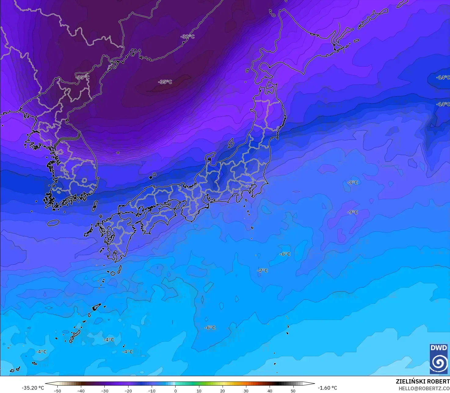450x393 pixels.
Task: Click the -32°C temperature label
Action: pyautogui.click(x=187, y=37)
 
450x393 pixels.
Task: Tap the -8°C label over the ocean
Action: pyautogui.click(x=353, y=183)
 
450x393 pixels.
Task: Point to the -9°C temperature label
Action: pyautogui.click(x=353, y=212)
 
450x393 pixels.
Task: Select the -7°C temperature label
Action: pyautogui.click(x=263, y=271)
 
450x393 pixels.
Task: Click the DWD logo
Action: pyautogui.click(x=438, y=359)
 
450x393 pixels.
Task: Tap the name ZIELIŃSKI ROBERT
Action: pyautogui.click(x=423, y=381)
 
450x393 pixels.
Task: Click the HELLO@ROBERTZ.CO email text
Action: pyautogui.click(x=424, y=388)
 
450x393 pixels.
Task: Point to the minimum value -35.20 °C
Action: pyautogui.click(x=33, y=388)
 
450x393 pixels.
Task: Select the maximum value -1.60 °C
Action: pyautogui.click(x=327, y=388)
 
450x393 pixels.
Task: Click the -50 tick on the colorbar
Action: pyautogui.click(x=57, y=391)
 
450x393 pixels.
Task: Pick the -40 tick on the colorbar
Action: pyautogui.click(x=81, y=391)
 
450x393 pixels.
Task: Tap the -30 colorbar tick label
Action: pyautogui.click(x=104, y=391)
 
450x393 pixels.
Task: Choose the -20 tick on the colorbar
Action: pyautogui.click(x=128, y=391)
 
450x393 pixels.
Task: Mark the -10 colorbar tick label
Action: pyautogui.click(x=152, y=391)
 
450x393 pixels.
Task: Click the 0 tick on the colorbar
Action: pyautogui.click(x=176, y=391)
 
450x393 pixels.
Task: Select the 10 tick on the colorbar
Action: pyautogui.click(x=199, y=391)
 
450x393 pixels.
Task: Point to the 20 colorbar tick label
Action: pyautogui.click(x=223, y=391)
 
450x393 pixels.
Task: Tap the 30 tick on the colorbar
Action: pyautogui.click(x=246, y=391)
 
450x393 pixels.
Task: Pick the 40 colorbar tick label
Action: pyautogui.click(x=270, y=391)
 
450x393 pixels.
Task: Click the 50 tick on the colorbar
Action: pyautogui.click(x=293, y=391)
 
